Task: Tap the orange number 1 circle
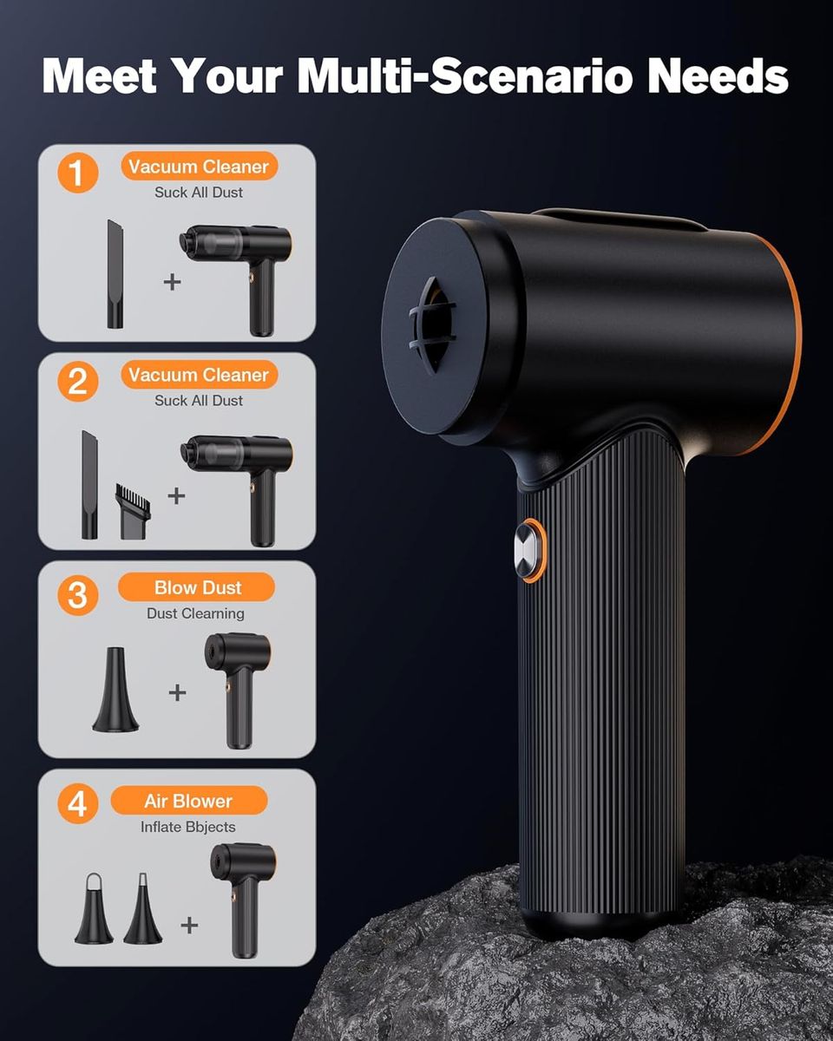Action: click(77, 173)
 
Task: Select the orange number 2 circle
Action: click(77, 381)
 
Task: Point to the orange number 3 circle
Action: click(77, 594)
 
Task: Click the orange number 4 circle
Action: click(77, 803)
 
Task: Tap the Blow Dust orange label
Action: click(196, 587)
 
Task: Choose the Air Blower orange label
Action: click(189, 801)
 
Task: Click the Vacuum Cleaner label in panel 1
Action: click(199, 166)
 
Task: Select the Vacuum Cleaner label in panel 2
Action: click(199, 375)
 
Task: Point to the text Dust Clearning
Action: click(195, 613)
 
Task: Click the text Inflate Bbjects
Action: click(187, 827)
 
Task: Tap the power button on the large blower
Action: click(529, 551)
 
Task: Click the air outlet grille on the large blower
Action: click(432, 325)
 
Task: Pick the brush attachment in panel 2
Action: click(133, 511)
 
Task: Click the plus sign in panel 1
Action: click(173, 282)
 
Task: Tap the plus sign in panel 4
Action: click(189, 925)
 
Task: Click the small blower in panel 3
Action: click(238, 691)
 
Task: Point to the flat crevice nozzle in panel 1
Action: click(115, 274)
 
